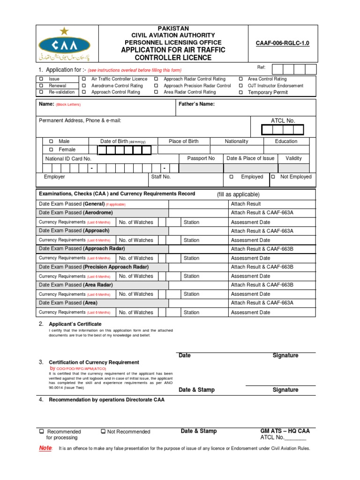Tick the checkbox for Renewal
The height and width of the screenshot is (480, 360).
41,86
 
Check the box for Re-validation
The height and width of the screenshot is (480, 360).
41,92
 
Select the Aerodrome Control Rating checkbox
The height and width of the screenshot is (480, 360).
84,86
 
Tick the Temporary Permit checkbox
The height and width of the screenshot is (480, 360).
241,93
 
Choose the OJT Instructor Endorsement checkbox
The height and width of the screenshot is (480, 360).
241,86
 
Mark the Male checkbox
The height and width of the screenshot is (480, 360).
51,141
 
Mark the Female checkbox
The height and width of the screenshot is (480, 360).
51,150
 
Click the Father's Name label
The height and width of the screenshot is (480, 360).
197,104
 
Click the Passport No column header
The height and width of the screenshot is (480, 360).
201,158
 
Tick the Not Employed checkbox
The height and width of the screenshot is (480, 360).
273,177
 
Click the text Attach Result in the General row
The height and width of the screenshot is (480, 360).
246,204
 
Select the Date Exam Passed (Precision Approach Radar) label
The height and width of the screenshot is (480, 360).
94,267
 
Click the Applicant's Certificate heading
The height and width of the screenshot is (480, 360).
75,324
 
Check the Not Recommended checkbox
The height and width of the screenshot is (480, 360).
103,431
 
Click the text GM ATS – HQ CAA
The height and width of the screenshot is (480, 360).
285,431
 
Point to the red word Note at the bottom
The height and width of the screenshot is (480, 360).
45,448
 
